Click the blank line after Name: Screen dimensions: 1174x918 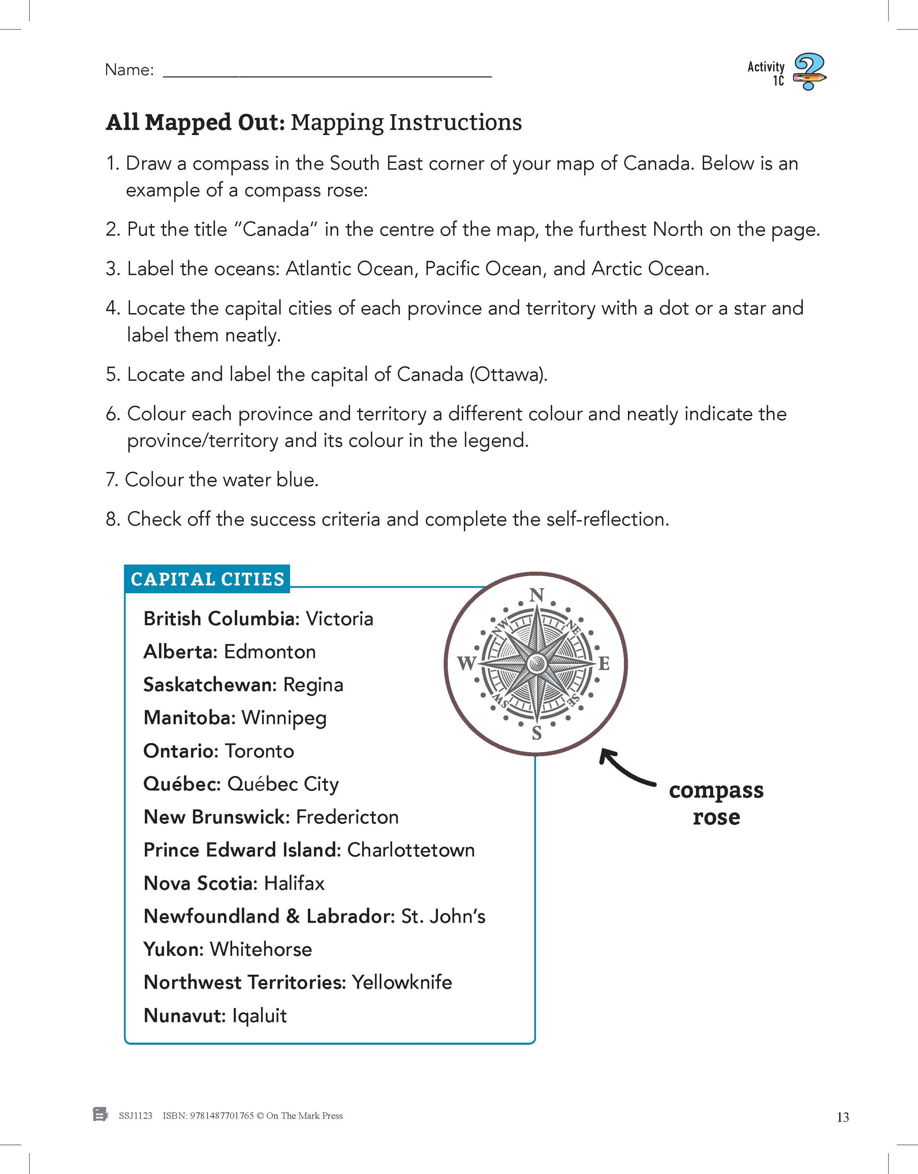327,75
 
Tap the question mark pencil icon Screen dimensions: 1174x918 810,72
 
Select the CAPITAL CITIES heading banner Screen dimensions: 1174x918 207,579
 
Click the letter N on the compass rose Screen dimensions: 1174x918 537,595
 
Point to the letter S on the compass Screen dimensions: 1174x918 536,733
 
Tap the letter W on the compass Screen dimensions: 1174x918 466,663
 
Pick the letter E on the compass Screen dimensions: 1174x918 604,664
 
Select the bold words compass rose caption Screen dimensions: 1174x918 716,803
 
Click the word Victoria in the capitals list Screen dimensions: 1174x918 339,619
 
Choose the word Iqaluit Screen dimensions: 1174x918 259,1016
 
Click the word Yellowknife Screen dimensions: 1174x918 402,982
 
